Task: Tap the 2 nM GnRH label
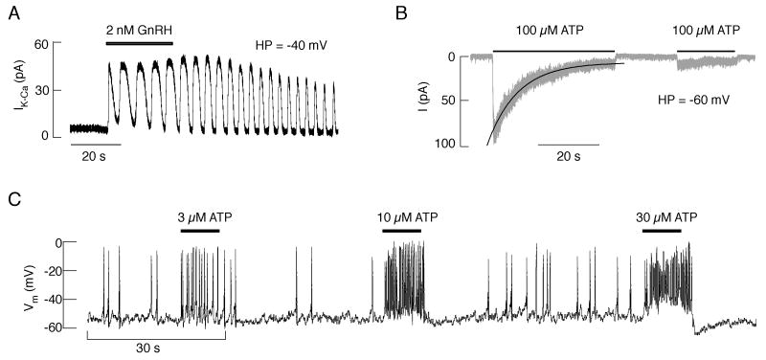click(140, 30)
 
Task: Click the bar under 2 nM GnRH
click(140, 43)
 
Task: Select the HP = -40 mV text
click(292, 45)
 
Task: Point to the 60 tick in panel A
click(43, 44)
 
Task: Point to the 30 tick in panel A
click(43, 90)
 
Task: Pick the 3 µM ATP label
click(199, 216)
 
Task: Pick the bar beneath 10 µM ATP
click(401, 230)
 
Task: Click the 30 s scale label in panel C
click(156, 348)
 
